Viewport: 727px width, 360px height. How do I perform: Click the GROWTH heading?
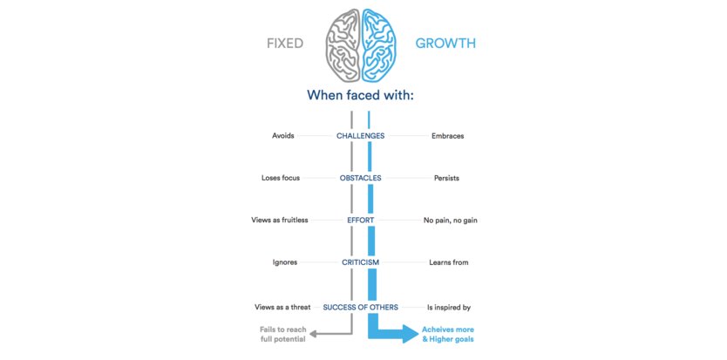click(x=445, y=43)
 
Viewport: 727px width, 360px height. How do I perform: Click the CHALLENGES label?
click(x=360, y=136)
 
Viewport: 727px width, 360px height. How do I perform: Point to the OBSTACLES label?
click(x=360, y=178)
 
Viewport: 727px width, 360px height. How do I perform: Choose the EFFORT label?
click(x=360, y=221)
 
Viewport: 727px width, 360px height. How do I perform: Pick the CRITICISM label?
click(x=360, y=262)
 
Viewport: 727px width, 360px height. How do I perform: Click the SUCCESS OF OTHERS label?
click(x=360, y=307)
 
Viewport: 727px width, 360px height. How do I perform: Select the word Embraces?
click(x=447, y=136)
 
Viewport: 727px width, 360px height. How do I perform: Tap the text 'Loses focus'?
click(x=281, y=178)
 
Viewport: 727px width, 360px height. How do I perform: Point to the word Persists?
click(x=446, y=178)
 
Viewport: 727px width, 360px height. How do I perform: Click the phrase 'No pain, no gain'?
click(x=450, y=221)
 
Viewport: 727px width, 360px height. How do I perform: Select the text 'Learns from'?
click(x=446, y=262)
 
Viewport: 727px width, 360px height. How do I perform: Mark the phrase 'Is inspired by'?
click(x=448, y=307)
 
